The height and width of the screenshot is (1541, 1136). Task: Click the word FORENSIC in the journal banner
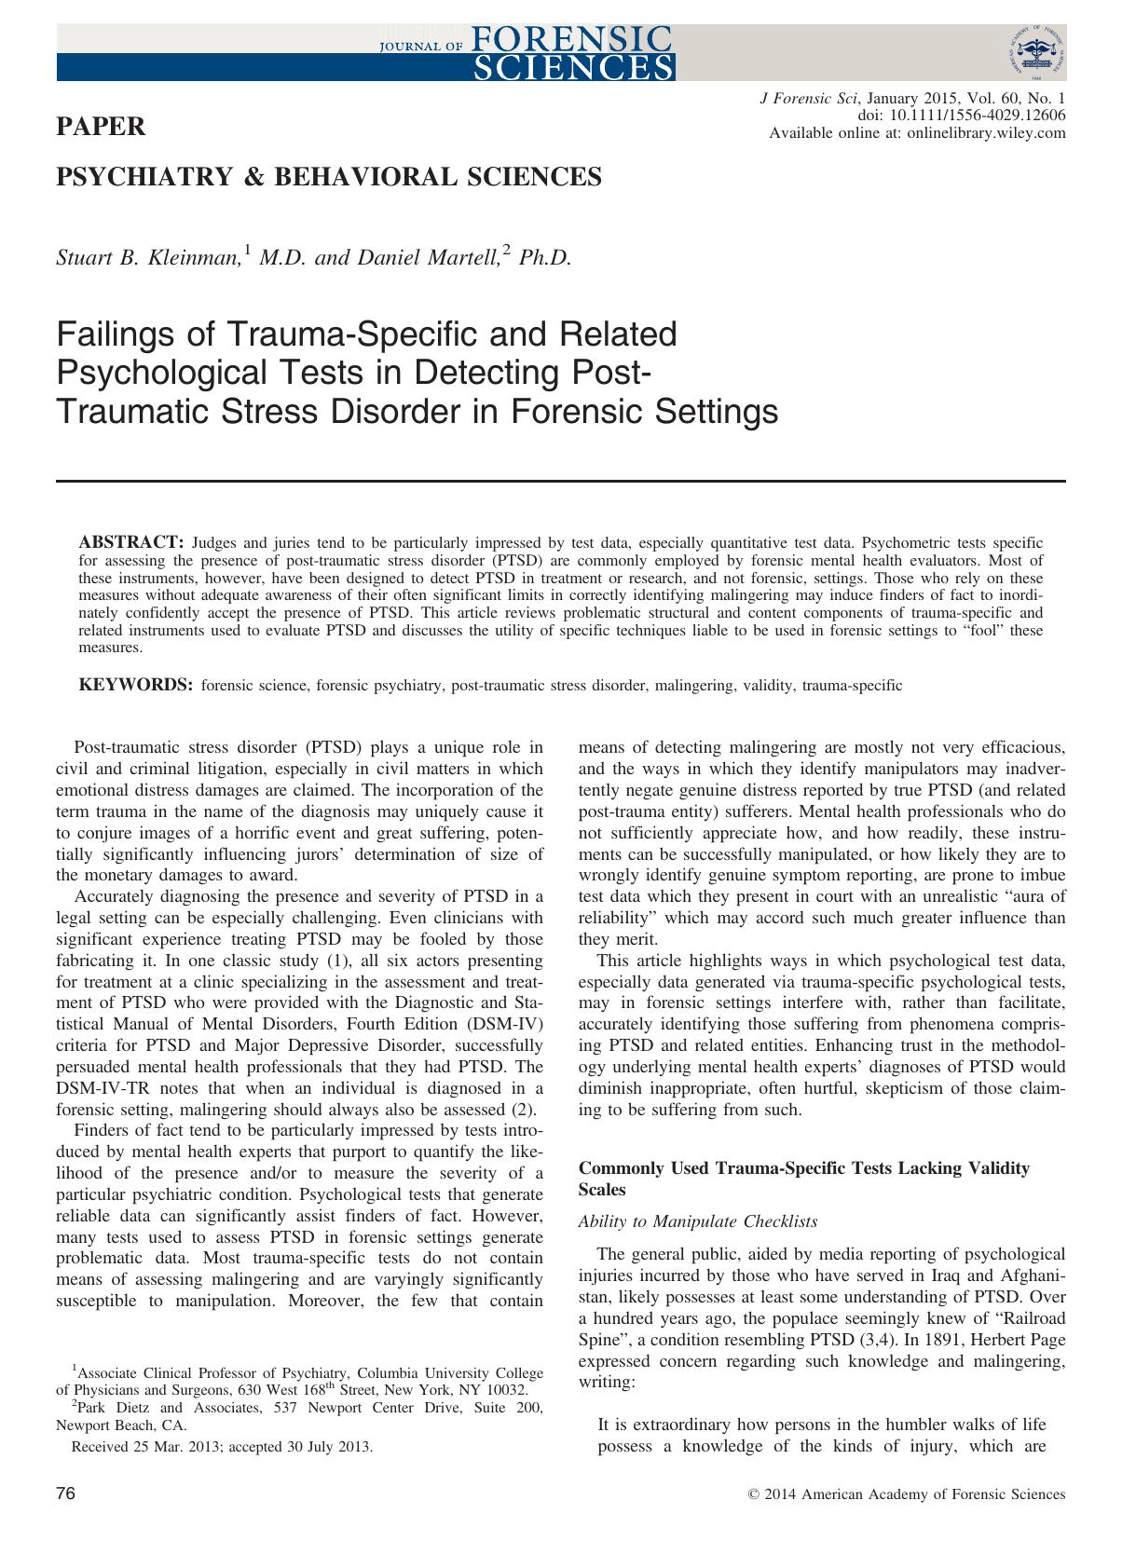[572, 37]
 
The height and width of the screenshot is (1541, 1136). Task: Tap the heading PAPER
[102, 127]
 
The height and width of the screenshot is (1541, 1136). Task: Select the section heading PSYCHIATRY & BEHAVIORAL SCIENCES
[329, 176]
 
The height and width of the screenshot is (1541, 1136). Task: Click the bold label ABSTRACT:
[131, 542]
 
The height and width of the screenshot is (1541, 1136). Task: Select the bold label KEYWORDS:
[136, 686]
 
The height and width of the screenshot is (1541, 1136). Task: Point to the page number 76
[65, 1494]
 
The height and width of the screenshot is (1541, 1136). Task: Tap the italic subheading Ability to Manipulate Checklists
[698, 1221]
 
